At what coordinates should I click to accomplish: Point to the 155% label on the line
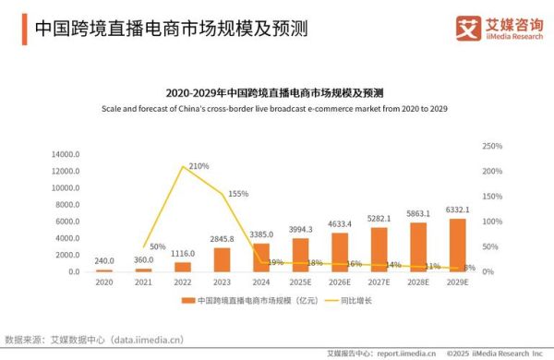237,194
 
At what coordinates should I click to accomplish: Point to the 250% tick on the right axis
492,147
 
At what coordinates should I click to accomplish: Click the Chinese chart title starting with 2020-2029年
275,93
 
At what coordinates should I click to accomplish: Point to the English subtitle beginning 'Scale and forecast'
275,110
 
